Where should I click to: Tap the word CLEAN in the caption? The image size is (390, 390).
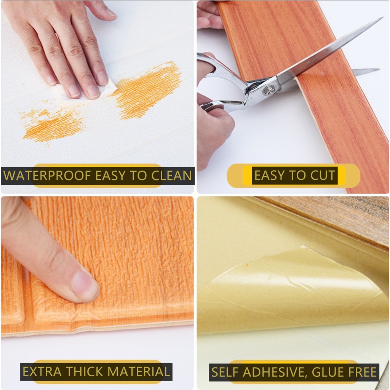coord(171,175)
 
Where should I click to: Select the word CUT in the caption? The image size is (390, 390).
coord(323,175)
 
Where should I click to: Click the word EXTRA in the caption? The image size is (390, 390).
coord(42,372)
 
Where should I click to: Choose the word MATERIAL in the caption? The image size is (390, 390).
coord(139,372)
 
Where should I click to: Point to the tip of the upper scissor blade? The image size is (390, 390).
coord(382,18)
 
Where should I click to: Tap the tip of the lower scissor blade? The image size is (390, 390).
coord(379,69)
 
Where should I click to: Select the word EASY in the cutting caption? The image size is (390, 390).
coord(269,175)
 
